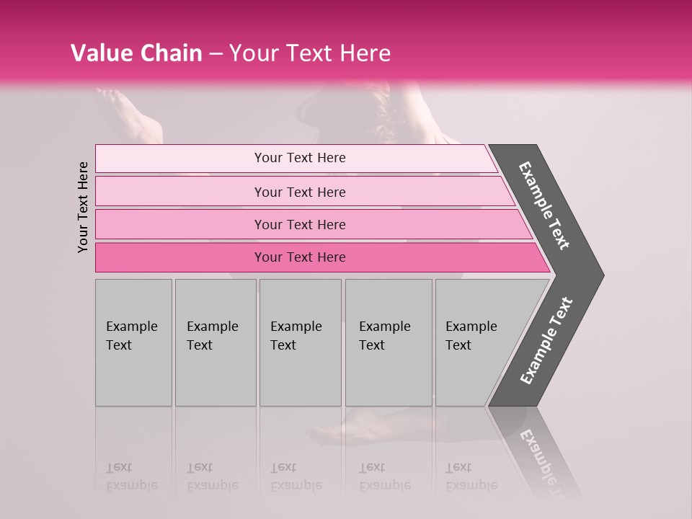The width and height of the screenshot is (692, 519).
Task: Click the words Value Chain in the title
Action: pos(136,53)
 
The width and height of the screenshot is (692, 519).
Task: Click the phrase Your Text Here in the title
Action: pos(310,53)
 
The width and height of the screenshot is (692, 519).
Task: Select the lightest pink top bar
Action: pos(299,158)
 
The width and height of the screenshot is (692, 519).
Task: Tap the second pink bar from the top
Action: pos(299,192)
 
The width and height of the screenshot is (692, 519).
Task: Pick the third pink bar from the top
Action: pos(299,224)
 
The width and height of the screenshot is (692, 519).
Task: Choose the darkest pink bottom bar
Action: pos(299,257)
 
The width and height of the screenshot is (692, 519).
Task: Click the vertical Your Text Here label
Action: pos(83,207)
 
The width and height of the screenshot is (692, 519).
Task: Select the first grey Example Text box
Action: pos(133,342)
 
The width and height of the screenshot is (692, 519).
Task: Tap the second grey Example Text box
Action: pos(215,342)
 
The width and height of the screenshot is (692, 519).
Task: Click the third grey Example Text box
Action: pos(300,342)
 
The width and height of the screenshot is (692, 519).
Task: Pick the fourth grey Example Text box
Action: pos(388,342)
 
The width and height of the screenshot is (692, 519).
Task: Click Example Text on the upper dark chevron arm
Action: pos(544,205)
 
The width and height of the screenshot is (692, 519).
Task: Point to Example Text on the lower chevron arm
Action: pos(546,341)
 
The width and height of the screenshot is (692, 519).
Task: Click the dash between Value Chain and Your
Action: pos(216,54)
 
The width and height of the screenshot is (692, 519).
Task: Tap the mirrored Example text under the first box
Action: pos(132,485)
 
